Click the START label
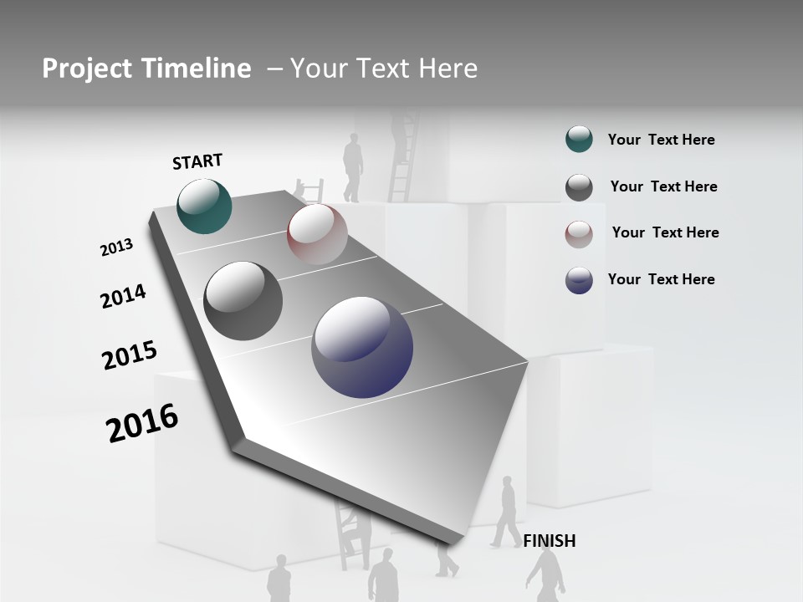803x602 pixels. point(197,161)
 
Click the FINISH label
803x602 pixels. point(549,541)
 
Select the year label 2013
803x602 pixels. point(116,247)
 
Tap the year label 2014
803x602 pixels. point(123,296)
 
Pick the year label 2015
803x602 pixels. point(129,355)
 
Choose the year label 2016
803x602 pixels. point(142,423)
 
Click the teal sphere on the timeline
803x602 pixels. point(204,207)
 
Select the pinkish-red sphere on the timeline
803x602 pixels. point(317,233)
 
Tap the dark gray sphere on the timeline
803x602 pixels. point(243,301)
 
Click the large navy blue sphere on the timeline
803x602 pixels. point(362,347)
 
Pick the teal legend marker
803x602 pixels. point(579,140)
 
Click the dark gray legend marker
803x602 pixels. point(579,187)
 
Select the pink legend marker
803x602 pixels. point(579,234)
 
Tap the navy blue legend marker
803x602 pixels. point(579,280)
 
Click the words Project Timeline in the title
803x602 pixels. point(146,69)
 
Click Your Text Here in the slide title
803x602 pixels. point(383,69)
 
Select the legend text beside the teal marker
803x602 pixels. point(661,140)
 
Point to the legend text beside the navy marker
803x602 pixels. point(661,279)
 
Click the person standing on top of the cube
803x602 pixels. point(353,167)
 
